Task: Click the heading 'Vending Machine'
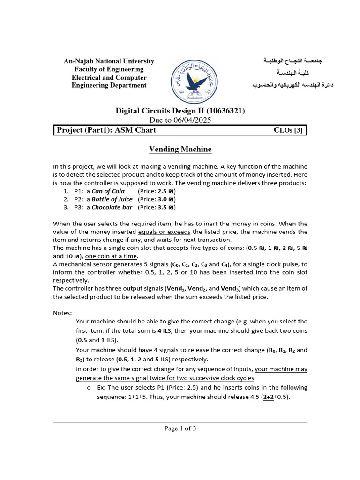pos(180,150)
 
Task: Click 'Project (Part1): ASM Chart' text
pos(106,130)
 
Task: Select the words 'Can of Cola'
pos(108,191)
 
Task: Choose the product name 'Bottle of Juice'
pos(112,199)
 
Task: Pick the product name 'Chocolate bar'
pos(112,207)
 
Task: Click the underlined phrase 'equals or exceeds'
pos(164,232)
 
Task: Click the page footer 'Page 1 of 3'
pos(180,428)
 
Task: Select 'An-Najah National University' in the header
pos(109,61)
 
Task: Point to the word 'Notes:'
pos(62,313)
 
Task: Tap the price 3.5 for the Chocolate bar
pos(162,207)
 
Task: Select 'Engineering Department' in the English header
pos(109,85)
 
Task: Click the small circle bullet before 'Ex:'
pos(88,388)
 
